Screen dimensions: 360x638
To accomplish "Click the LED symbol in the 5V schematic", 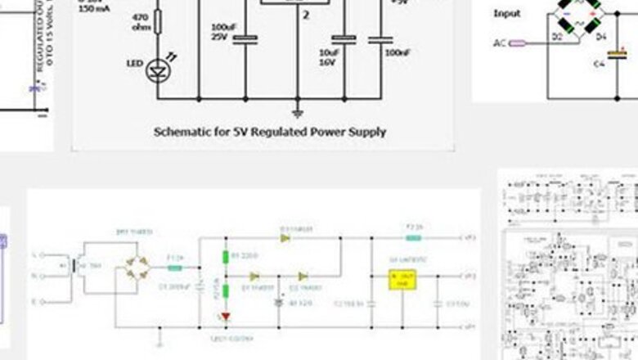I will pos(158,71).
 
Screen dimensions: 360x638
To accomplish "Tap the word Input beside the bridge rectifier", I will pos(507,14).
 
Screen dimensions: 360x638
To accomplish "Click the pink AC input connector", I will pos(516,43).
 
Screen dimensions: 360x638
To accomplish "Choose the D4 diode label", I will pos(600,37).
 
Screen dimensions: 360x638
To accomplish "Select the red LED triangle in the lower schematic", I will pos(226,317).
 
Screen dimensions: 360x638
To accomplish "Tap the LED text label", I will pos(135,63).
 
